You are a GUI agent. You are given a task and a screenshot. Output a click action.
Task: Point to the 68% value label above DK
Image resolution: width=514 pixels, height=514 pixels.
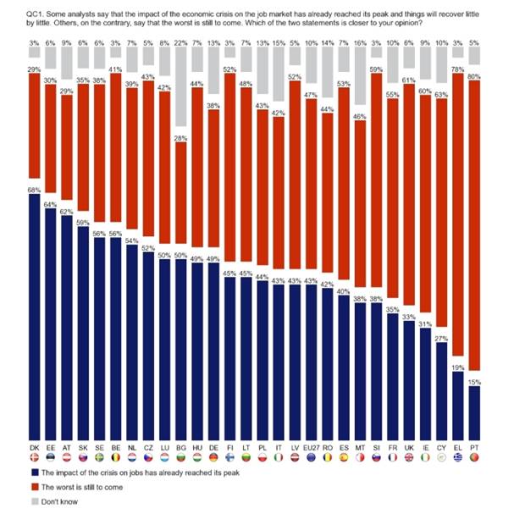[x=33, y=189]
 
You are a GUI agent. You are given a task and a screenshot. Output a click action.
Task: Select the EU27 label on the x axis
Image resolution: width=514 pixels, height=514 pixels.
[x=310, y=445]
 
